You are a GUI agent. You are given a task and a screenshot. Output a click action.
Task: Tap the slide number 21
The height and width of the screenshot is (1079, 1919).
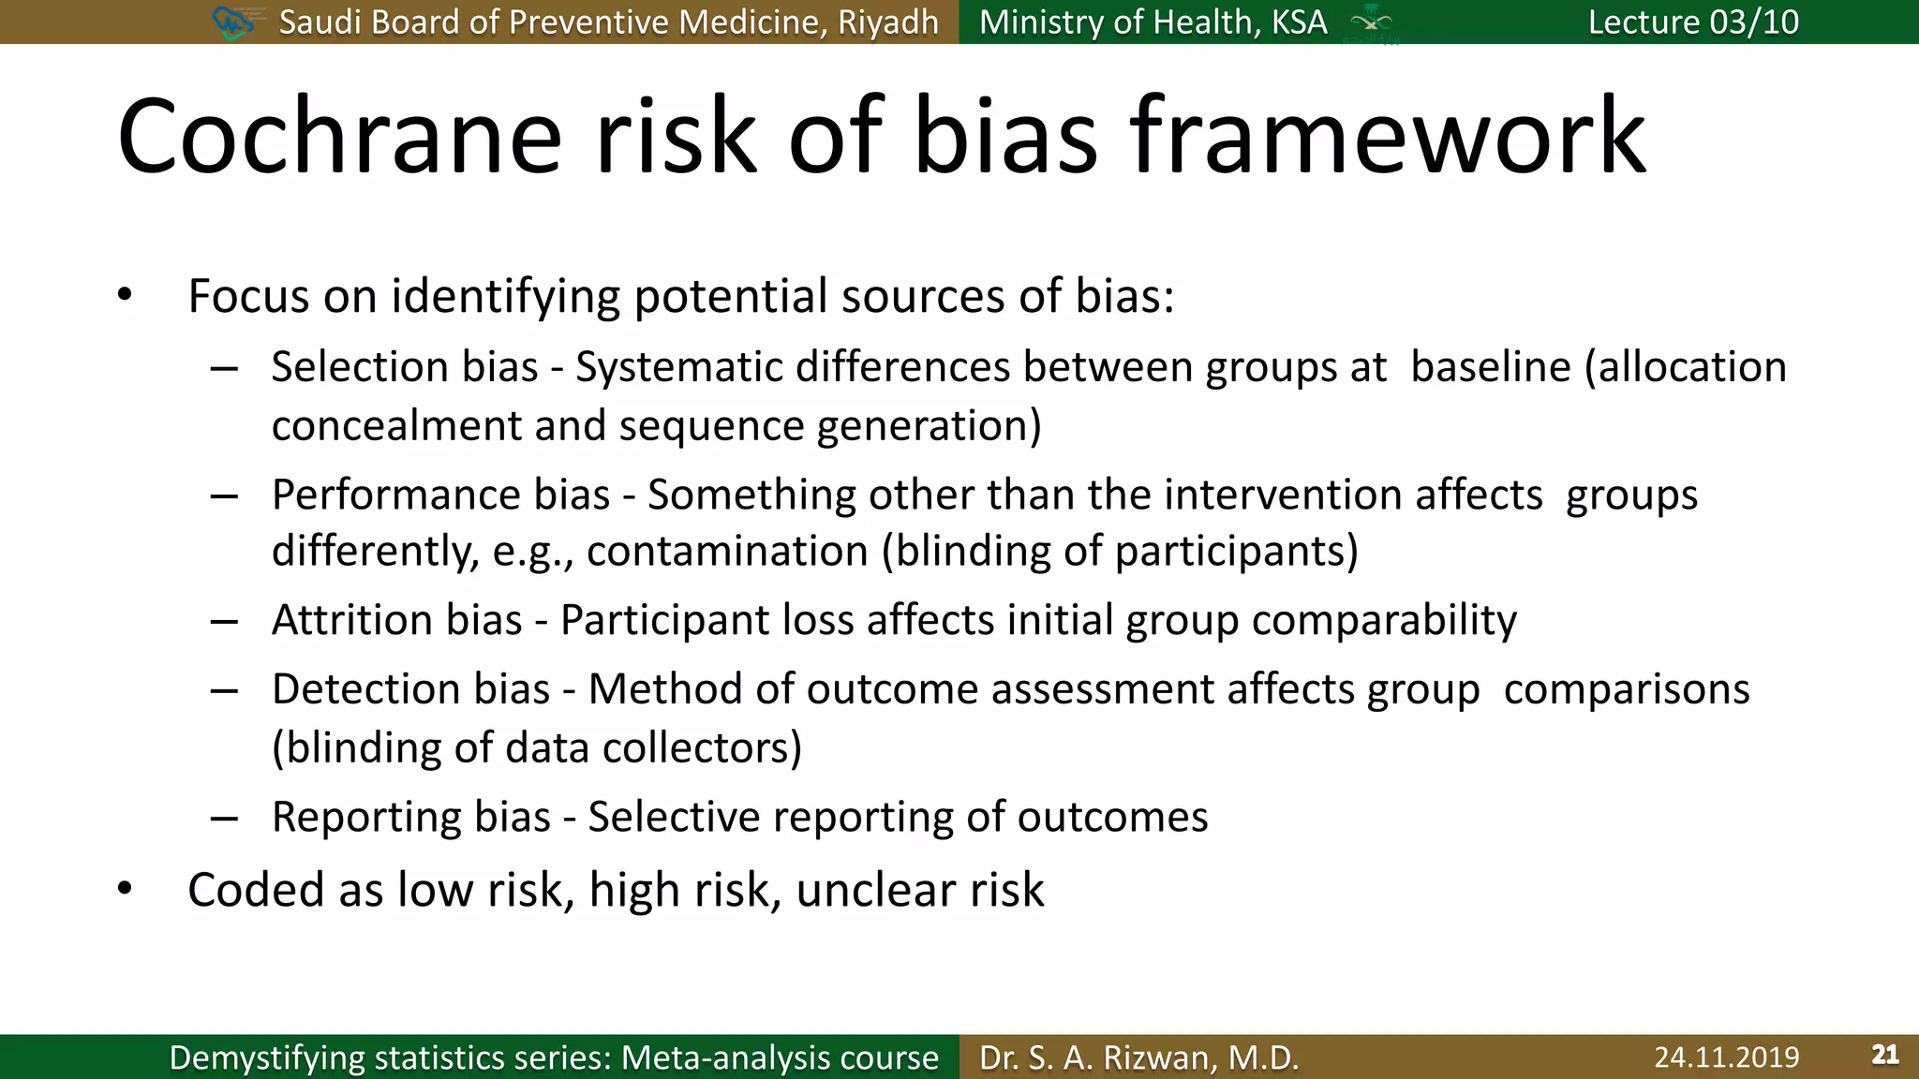click(x=1884, y=1055)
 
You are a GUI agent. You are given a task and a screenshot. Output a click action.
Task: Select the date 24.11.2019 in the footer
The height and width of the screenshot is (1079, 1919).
click(x=1726, y=1057)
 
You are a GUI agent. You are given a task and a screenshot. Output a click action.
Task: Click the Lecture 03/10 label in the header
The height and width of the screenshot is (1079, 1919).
click(x=1693, y=22)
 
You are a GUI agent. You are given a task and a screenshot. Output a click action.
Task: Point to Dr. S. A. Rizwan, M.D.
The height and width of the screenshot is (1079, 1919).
click(x=1138, y=1057)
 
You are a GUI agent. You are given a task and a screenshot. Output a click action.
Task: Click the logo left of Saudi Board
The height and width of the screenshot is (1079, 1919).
click(x=233, y=22)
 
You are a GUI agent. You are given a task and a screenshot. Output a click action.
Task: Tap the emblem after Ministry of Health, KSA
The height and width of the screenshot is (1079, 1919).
click(x=1371, y=22)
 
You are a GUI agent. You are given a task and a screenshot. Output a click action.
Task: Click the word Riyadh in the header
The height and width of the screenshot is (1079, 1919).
click(x=887, y=22)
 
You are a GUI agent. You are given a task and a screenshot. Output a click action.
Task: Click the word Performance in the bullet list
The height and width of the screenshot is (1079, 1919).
click(x=394, y=495)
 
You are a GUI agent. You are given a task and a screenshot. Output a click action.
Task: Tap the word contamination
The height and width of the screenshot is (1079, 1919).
click(x=727, y=551)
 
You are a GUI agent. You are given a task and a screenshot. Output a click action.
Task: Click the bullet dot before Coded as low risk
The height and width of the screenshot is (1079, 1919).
click(x=125, y=888)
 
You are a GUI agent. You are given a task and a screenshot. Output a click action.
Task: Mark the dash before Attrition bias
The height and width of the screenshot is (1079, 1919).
click(x=224, y=621)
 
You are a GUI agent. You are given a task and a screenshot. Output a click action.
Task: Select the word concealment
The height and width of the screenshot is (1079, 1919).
click(x=395, y=426)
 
